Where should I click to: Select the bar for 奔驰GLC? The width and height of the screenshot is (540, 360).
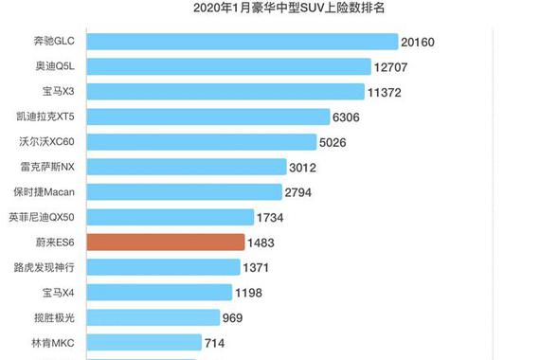[x=242, y=42]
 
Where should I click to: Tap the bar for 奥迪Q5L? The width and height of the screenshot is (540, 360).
[x=228, y=66]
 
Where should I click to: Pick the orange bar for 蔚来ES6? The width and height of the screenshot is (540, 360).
[x=166, y=242]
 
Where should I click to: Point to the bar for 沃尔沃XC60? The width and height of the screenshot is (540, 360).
[x=202, y=142]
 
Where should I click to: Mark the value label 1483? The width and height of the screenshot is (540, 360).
[x=261, y=243]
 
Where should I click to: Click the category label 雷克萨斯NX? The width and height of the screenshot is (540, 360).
[x=53, y=167]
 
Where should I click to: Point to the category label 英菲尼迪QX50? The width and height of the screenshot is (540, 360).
[x=47, y=217]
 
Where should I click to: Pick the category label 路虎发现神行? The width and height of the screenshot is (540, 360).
[x=51, y=266]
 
